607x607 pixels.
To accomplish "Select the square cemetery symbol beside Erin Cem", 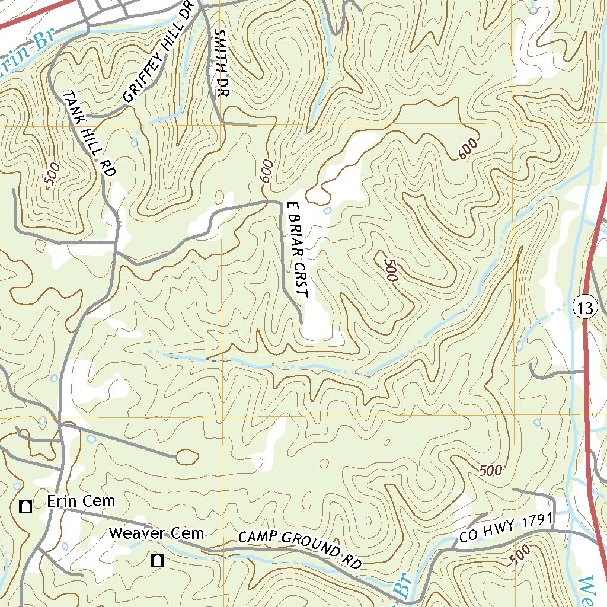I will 25,506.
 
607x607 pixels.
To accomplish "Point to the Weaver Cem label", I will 156,533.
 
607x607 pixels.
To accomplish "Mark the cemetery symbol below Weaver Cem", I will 157,560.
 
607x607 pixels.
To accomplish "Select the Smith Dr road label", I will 221,63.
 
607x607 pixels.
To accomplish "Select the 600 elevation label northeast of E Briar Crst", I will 468,148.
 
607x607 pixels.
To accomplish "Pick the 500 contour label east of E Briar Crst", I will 390,270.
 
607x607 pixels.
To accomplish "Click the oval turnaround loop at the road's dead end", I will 188,456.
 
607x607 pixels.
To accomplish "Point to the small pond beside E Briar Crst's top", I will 327,210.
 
